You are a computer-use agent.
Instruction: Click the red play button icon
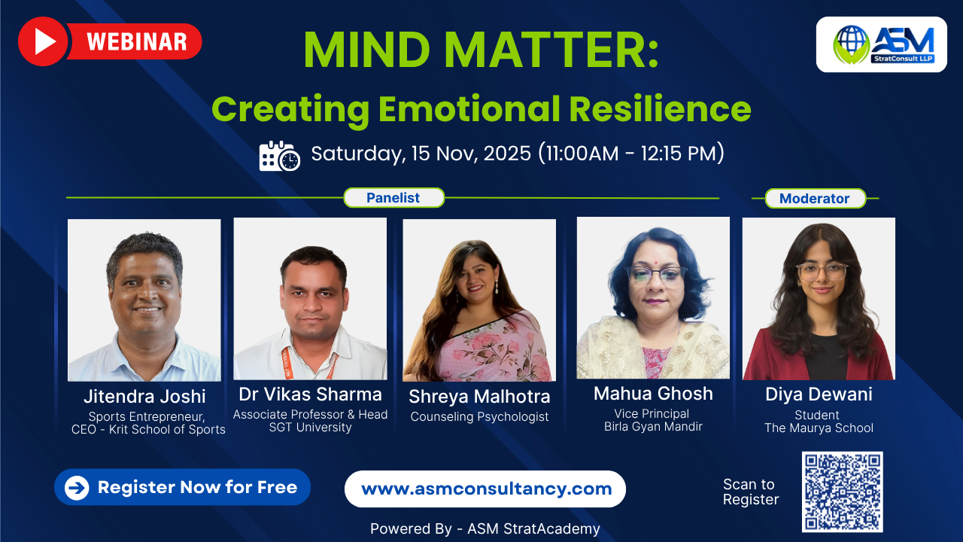[x=43, y=41]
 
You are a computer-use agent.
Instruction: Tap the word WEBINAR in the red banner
[x=136, y=42]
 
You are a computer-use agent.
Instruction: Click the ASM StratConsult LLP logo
[x=881, y=44]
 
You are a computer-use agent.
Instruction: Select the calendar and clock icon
[x=279, y=156]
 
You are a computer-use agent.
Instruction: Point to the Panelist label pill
[x=393, y=198]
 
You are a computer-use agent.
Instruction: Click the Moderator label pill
[x=815, y=199]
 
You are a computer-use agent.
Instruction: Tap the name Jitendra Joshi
[x=144, y=396]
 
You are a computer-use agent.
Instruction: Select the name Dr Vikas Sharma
[x=310, y=394]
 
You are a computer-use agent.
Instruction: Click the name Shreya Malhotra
[x=479, y=396]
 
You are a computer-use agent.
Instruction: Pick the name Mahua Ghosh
[x=653, y=393]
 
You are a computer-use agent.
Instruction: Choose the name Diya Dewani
[x=819, y=394]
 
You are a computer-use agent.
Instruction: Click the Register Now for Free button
[x=182, y=487]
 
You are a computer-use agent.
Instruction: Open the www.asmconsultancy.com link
[x=486, y=489]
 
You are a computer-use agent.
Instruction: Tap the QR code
[x=842, y=492]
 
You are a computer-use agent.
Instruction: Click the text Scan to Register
[x=750, y=492]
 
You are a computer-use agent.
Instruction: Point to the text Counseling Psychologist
[x=479, y=416]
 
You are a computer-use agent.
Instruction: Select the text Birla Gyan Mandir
[x=653, y=427]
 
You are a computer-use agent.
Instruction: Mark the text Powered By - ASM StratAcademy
[x=485, y=528]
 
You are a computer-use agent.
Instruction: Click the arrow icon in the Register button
[x=77, y=488]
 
